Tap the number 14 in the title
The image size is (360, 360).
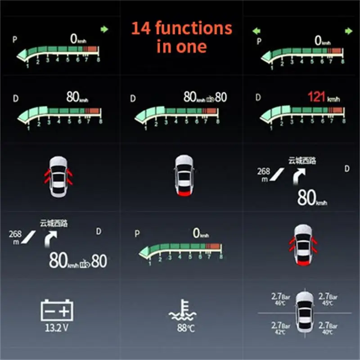142,29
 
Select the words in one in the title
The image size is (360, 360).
182,46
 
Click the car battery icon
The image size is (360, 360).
57,310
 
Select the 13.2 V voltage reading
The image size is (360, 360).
57,328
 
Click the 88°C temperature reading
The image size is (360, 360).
185,328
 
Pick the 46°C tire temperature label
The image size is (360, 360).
280,304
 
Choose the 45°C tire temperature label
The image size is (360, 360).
328,304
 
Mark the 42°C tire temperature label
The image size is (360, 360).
280,332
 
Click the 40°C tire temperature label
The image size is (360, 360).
328,332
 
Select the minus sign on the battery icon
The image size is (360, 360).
49,310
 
